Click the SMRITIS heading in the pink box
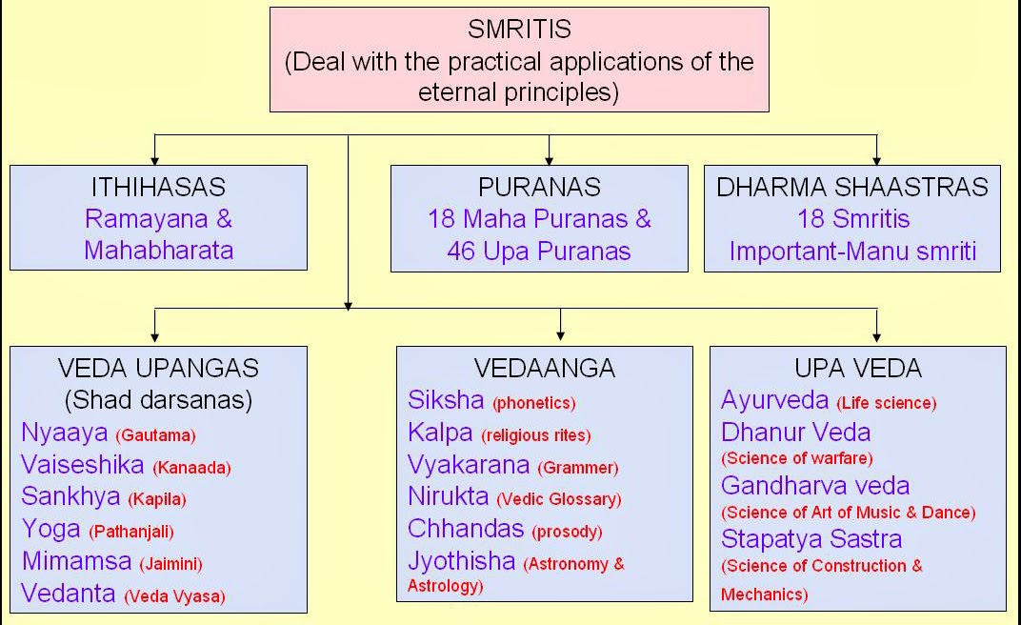click(x=519, y=30)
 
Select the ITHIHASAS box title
click(x=158, y=187)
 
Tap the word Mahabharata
click(x=158, y=250)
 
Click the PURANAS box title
click(x=539, y=187)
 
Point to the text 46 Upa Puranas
click(x=539, y=250)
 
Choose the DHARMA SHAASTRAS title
click(x=852, y=187)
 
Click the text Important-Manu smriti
click(x=852, y=252)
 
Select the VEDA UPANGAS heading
click(x=158, y=368)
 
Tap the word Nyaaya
click(x=65, y=433)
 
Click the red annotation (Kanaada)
click(x=191, y=467)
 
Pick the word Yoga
click(x=50, y=529)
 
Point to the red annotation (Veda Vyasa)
click(x=174, y=596)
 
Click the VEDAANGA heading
click(x=544, y=368)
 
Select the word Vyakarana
click(x=469, y=465)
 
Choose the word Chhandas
click(x=466, y=528)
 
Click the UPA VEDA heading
click(x=857, y=368)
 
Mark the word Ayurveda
click(x=774, y=400)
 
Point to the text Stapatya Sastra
click(x=811, y=538)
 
